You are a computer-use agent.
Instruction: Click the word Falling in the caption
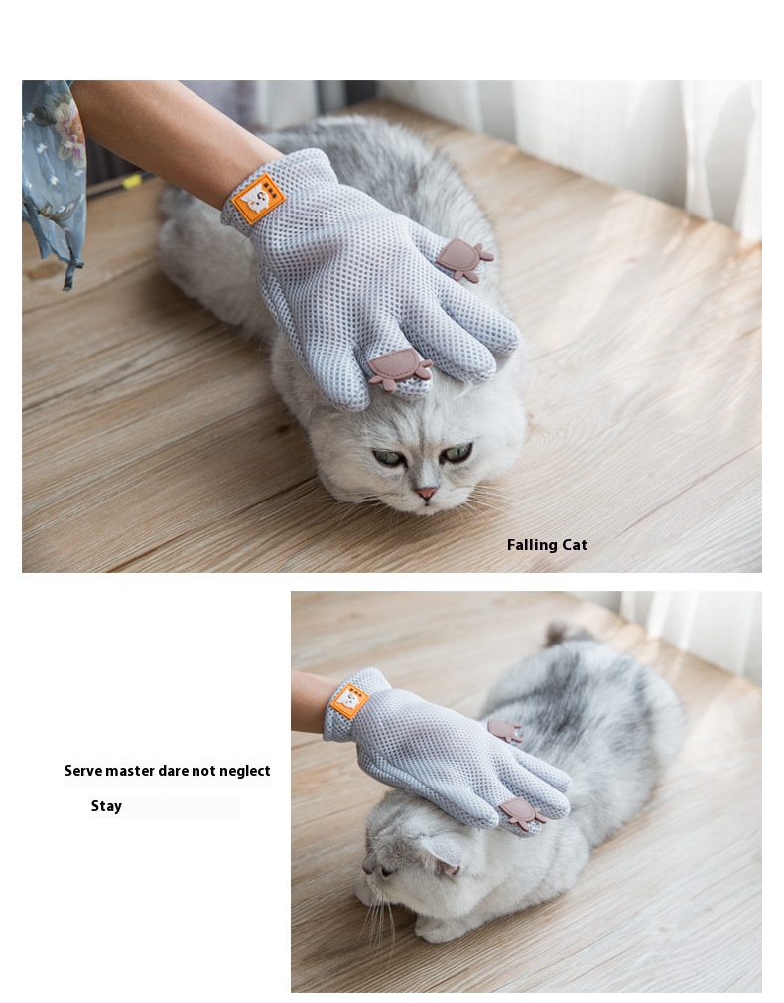531,545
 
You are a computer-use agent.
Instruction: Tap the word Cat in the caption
575,545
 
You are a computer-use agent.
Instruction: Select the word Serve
82,771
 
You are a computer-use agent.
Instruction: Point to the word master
130,771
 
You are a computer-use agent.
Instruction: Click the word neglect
245,771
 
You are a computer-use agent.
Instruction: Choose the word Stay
106,806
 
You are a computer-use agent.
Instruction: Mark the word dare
173,771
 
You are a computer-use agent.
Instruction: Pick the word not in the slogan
204,771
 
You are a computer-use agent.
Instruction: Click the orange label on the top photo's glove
258,198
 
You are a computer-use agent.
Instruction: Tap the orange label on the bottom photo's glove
349,700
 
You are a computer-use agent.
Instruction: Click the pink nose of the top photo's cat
426,493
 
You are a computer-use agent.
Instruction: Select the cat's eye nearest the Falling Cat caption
457,453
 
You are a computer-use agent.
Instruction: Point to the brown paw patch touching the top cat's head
399,368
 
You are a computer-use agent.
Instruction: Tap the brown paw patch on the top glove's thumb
464,259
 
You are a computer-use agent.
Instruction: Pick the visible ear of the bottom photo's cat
443,853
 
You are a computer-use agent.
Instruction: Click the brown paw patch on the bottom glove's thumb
505,730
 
